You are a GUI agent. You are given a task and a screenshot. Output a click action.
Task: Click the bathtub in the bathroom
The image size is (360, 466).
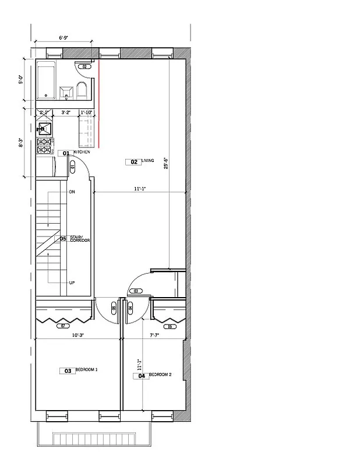click(x=47, y=82)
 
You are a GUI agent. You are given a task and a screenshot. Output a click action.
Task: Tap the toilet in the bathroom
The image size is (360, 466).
click(x=82, y=89)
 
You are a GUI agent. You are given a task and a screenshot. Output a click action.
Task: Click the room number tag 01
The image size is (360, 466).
click(x=66, y=153)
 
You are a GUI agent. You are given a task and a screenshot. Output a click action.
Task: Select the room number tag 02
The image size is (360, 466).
click(x=133, y=162)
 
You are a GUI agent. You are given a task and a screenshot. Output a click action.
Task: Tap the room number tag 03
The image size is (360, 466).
click(x=68, y=370)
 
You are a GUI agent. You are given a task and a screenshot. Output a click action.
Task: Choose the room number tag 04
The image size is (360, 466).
click(x=142, y=376)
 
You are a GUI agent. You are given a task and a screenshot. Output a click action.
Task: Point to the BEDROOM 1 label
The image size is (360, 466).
click(x=87, y=370)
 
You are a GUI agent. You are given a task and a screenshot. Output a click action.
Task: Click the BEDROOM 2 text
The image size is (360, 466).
click(x=160, y=375)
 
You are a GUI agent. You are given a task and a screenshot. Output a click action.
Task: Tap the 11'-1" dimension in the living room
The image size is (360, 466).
click(x=139, y=188)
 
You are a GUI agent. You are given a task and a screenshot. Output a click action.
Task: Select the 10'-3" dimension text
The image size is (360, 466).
click(x=79, y=335)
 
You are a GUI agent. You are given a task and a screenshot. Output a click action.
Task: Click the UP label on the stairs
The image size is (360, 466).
click(x=72, y=283)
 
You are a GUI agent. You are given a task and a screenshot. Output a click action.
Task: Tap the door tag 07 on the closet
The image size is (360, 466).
click(x=62, y=326)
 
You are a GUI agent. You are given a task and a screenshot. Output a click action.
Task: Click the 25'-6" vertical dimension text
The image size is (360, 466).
click(x=165, y=164)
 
